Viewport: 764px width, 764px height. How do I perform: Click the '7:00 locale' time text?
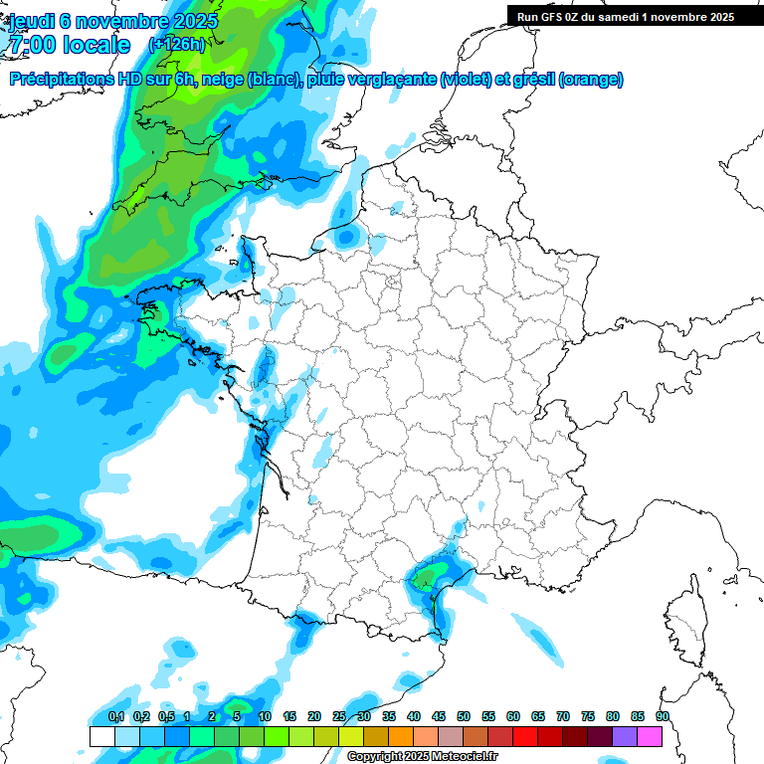pyautogui.click(x=69, y=45)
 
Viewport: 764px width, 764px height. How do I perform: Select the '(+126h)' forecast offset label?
pyautogui.click(x=176, y=44)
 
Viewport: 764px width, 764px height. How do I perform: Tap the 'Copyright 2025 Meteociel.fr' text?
pyautogui.click(x=423, y=757)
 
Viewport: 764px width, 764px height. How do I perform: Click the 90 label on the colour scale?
pyautogui.click(x=662, y=717)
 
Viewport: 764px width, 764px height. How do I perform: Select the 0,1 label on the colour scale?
pyautogui.click(x=115, y=717)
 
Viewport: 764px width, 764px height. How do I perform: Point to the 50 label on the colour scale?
pyautogui.click(x=464, y=717)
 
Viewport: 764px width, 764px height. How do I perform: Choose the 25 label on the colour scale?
pyautogui.click(x=339, y=717)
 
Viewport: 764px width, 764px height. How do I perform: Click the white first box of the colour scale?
pyautogui.click(x=101, y=736)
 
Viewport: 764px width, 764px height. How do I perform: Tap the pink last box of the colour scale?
pyautogui.click(x=650, y=736)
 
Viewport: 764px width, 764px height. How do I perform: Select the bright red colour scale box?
pyautogui.click(x=525, y=736)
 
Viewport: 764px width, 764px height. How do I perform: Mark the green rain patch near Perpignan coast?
pyautogui.click(x=430, y=576)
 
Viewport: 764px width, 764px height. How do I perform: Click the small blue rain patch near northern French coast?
pyautogui.click(x=346, y=237)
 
